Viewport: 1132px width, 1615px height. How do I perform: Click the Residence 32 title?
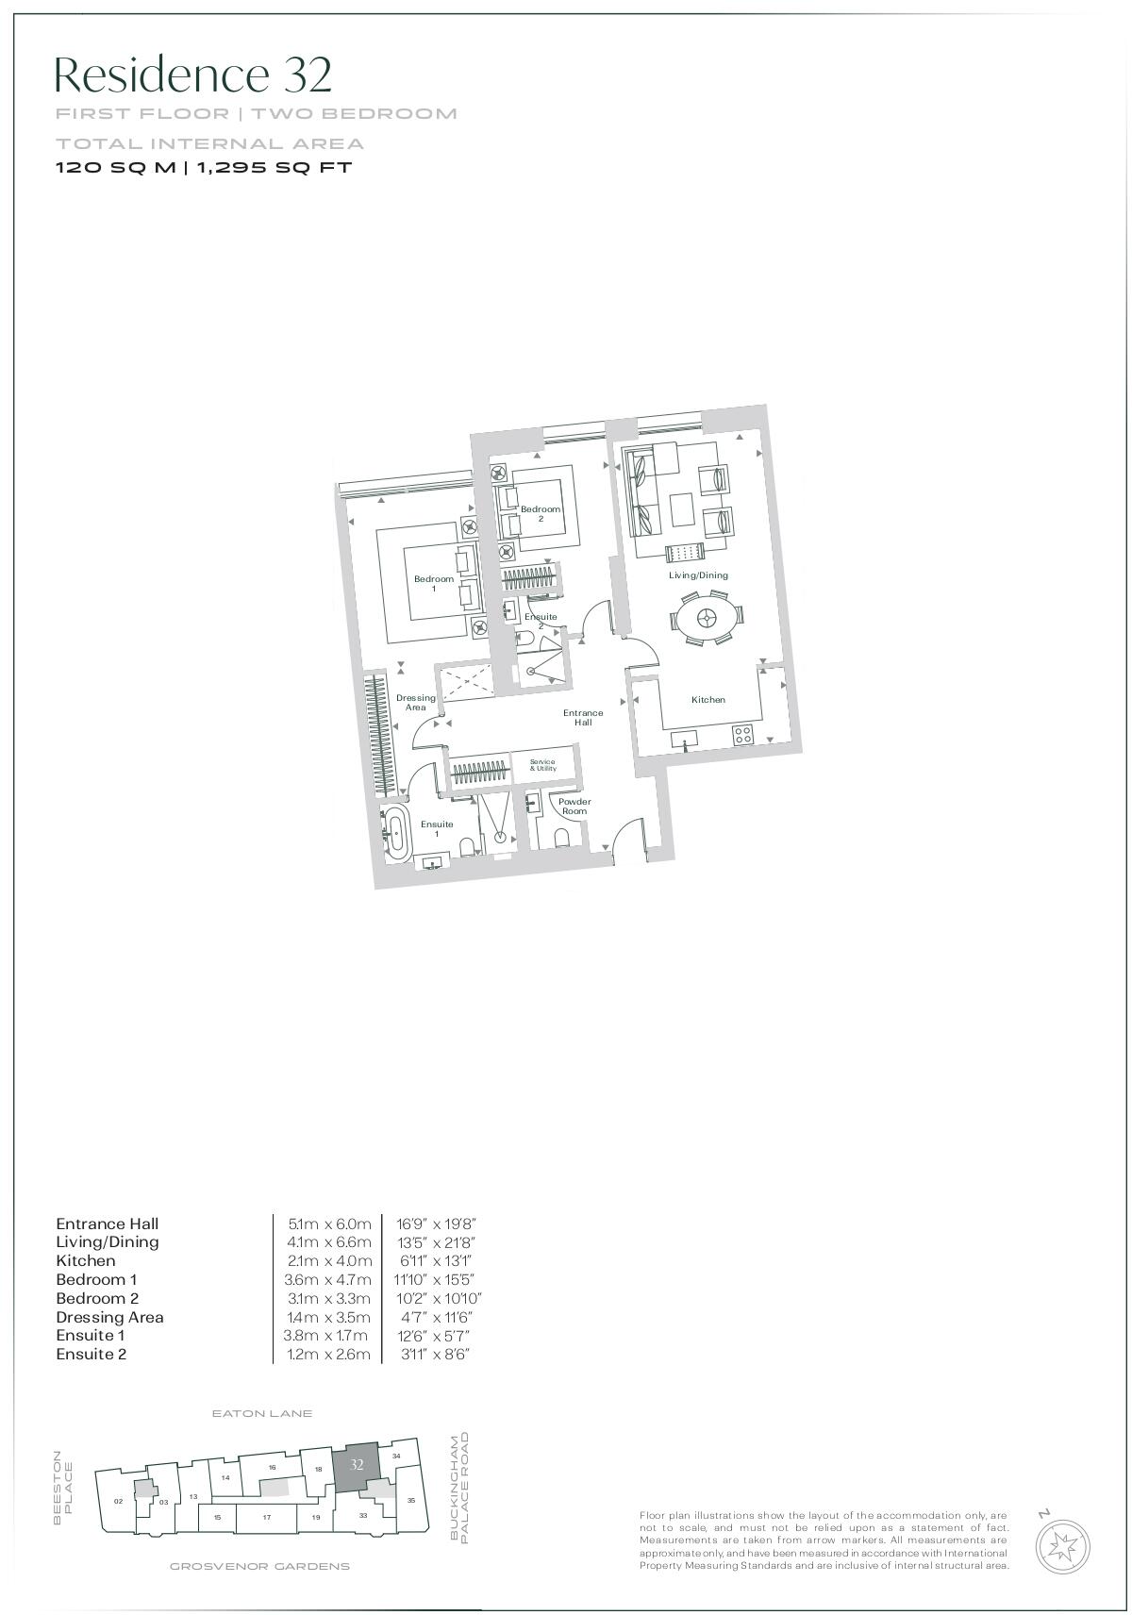tap(193, 75)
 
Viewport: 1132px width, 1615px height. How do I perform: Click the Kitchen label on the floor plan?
tap(707, 700)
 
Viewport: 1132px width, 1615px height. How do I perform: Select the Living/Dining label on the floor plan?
tap(698, 574)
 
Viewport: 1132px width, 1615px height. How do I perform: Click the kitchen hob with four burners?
tap(743, 734)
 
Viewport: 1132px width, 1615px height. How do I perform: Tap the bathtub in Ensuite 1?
tap(396, 833)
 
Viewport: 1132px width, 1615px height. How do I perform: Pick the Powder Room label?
tap(574, 807)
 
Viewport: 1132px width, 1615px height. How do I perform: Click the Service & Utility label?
tap(542, 765)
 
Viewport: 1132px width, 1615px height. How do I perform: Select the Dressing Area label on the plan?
tap(415, 703)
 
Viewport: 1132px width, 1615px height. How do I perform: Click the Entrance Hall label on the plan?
tap(583, 717)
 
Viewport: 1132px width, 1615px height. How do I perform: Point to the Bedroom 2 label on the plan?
tap(541, 513)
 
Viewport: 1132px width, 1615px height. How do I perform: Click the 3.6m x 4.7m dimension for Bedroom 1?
tap(329, 1280)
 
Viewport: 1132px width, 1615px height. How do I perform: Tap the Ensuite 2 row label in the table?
tap(91, 1355)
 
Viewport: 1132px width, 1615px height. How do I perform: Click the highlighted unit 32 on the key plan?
tap(357, 1465)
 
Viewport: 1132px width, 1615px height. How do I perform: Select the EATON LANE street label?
tap(261, 1414)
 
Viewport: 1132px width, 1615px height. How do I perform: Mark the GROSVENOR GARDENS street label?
tap(259, 1567)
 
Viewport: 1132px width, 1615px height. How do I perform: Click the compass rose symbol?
tap(1063, 1546)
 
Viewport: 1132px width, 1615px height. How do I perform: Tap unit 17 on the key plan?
tap(267, 1517)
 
